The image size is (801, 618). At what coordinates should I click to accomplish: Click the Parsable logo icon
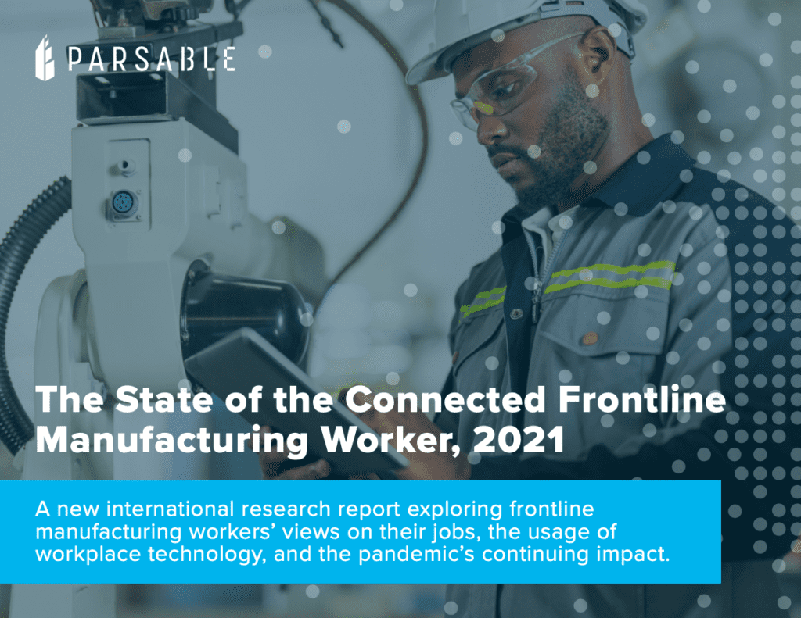45,58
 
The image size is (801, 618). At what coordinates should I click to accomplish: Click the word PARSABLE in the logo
151,59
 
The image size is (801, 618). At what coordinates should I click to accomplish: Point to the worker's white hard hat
516,31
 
